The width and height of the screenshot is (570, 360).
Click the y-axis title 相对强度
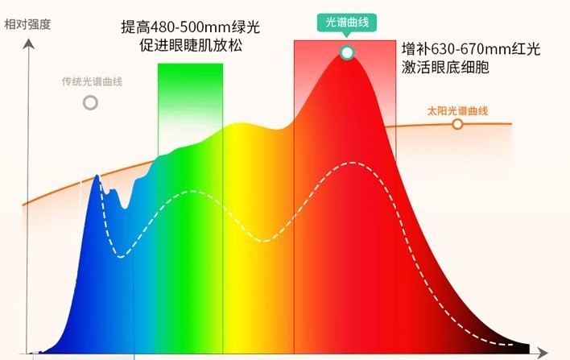pyautogui.click(x=27, y=23)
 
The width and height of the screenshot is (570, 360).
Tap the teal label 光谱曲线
pyautogui.click(x=346, y=25)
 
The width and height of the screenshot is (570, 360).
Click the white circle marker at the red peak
pyautogui.click(x=347, y=53)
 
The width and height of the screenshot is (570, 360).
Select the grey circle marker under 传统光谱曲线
pyautogui.click(x=90, y=102)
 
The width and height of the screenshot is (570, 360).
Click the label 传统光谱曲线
pyautogui.click(x=92, y=81)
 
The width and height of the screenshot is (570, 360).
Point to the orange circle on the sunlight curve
pyautogui.click(x=457, y=124)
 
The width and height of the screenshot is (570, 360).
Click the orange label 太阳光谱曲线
pyautogui.click(x=457, y=110)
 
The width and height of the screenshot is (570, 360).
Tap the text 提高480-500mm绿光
pyautogui.click(x=190, y=27)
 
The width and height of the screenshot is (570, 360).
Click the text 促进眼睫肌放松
pyautogui.click(x=190, y=46)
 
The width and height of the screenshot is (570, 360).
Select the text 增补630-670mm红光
pyautogui.click(x=470, y=50)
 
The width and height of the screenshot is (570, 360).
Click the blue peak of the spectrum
pyautogui.click(x=98, y=177)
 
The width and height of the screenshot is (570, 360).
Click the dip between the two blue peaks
pyautogui.click(x=124, y=207)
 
